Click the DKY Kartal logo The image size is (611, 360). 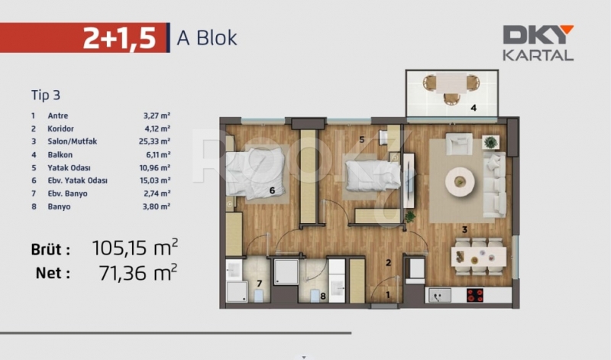(x=538, y=43)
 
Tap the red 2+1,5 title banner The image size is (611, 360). (x=85, y=37)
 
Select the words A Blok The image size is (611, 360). (x=207, y=37)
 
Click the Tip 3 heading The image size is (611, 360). (x=46, y=96)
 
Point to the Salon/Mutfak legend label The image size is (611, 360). (x=72, y=141)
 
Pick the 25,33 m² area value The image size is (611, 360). (x=155, y=141)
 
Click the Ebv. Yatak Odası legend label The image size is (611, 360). (x=78, y=180)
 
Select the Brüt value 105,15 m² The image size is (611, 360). (x=135, y=248)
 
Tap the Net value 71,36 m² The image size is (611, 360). (x=138, y=273)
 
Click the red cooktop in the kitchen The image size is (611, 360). (x=474, y=295)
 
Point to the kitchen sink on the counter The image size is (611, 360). (x=440, y=296)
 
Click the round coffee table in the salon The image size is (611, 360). (x=460, y=182)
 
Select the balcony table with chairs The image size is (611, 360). (x=451, y=87)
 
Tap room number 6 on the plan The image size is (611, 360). (x=272, y=191)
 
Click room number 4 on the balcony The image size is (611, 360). (x=474, y=108)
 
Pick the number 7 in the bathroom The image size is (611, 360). (x=259, y=284)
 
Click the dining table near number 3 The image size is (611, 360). (x=479, y=257)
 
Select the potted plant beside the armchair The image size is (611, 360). (x=490, y=142)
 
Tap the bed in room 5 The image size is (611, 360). (x=373, y=176)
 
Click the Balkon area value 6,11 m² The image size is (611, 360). (x=158, y=154)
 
